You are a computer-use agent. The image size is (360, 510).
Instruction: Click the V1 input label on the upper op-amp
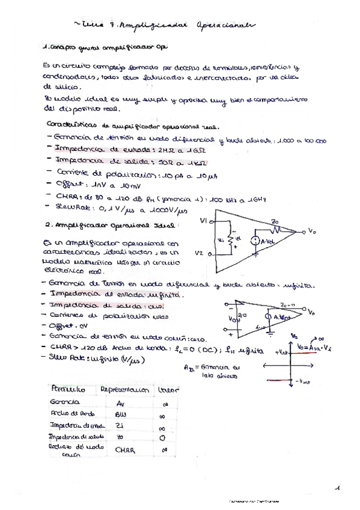tap(204, 221)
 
